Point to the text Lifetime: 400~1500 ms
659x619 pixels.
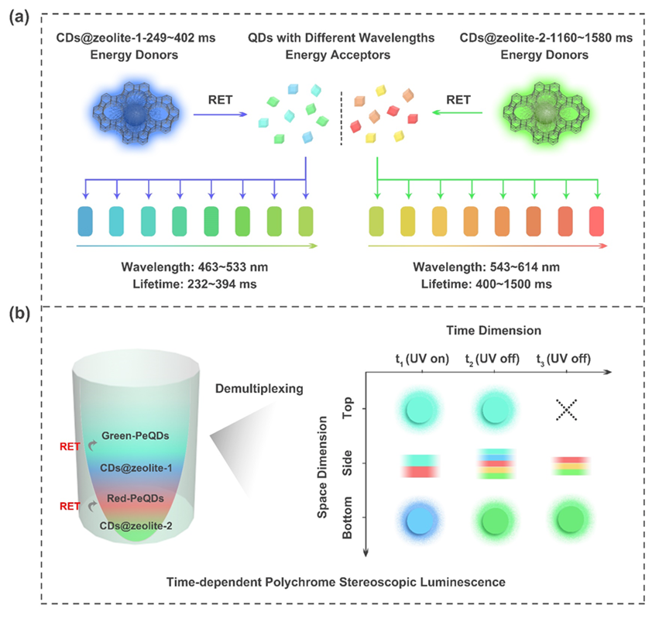[x=486, y=284]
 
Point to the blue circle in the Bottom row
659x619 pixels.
[x=419, y=518]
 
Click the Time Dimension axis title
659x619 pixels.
[x=496, y=330]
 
